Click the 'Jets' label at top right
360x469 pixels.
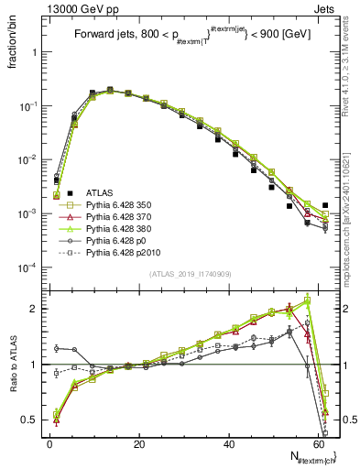(x=329, y=8)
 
